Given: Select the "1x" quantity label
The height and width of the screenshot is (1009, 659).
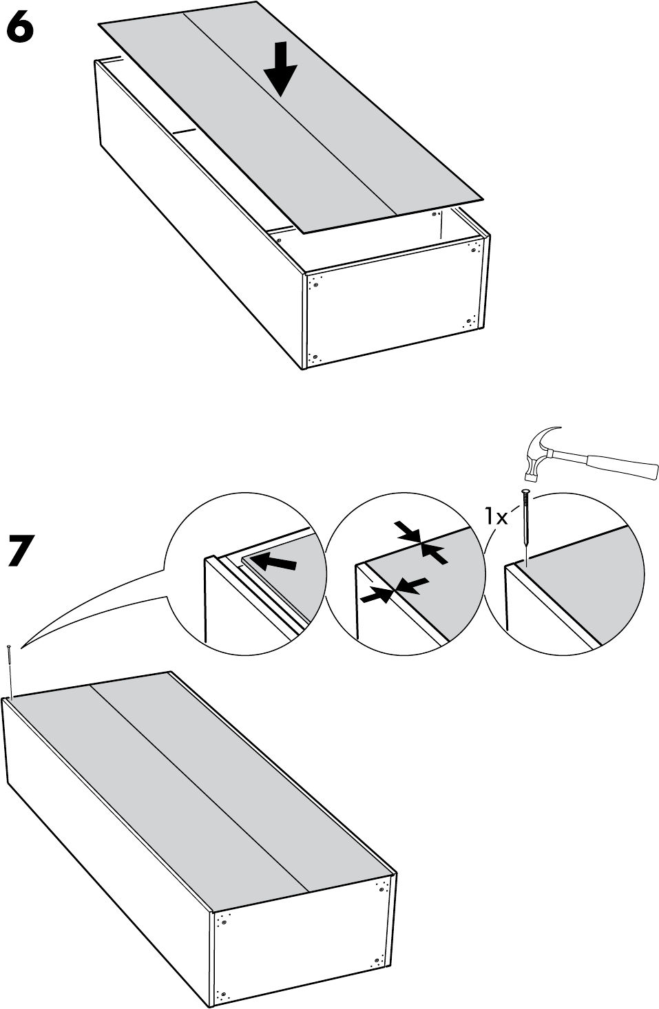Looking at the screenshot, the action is [495, 515].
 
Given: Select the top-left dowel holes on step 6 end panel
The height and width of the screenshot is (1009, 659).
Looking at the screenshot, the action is [316, 282].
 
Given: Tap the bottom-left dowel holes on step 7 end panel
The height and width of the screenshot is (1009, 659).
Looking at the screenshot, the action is [220, 994].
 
